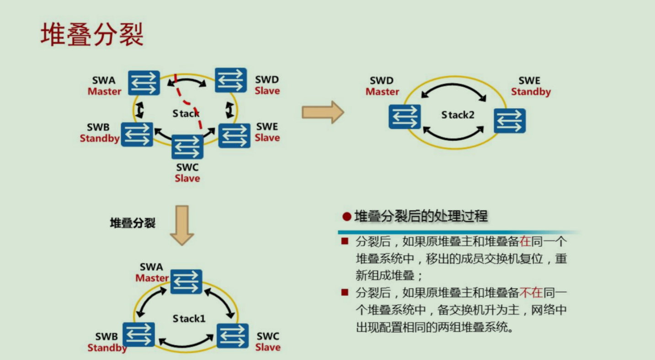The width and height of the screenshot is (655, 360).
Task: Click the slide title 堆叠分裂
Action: [92, 35]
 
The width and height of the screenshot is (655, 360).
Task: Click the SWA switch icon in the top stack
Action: [144, 83]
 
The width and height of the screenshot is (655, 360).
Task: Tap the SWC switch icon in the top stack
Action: [187, 147]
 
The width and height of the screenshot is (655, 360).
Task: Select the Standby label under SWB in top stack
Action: [100, 138]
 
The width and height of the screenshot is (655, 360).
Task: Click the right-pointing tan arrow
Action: [323, 112]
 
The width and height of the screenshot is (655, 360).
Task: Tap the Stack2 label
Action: [458, 115]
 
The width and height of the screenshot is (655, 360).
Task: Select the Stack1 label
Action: [189, 318]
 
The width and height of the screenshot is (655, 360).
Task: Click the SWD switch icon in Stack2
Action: [405, 116]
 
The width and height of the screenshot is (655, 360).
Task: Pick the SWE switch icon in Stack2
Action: [510, 121]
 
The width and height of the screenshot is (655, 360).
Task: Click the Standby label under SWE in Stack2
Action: [531, 92]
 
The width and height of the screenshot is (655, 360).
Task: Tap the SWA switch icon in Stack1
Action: [186, 281]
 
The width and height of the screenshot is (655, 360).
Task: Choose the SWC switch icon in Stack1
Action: [233, 336]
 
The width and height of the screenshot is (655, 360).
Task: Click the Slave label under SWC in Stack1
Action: [268, 347]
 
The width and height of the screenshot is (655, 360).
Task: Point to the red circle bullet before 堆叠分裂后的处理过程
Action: [347, 217]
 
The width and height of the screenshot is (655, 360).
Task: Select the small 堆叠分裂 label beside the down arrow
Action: [133, 223]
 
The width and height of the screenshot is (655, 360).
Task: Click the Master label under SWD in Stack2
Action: [382, 92]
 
